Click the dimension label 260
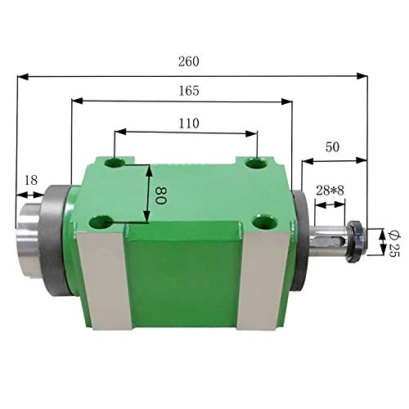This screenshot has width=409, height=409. [x=188, y=62]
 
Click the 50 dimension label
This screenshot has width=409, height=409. [x=332, y=147]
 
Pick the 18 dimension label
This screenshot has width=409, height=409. [x=31, y=181]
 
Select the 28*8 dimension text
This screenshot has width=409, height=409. [x=330, y=191]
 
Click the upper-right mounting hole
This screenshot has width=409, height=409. [x=258, y=164]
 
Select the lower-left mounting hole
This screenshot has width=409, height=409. [x=102, y=221]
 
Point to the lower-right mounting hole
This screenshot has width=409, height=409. [x=262, y=221]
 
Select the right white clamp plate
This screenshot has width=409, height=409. [x=267, y=286]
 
